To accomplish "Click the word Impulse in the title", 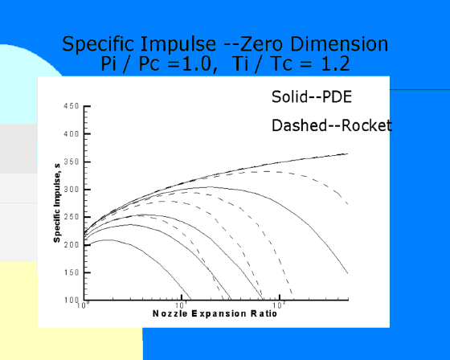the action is pos(178,44).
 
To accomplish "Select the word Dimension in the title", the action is pos(339,44).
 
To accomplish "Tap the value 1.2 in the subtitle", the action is pos(335,63).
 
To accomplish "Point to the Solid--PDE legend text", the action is pos(312,96).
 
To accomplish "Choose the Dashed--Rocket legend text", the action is pos(332,125).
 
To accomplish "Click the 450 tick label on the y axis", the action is pos(72,106).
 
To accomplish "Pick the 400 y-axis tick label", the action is pos(72,133).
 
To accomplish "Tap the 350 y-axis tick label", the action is pos(72,162).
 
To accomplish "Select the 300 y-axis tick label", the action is pos(72,190).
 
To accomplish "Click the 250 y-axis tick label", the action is pos(72,217).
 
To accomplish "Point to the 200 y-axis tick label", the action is pos(72,245).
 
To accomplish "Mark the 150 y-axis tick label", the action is pos(72,272).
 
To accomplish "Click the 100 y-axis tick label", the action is pos(72,301).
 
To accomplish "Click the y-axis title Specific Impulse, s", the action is pos(57,203).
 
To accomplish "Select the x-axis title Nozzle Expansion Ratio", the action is pos(215,313).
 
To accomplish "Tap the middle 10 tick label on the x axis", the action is pos(182,305).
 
